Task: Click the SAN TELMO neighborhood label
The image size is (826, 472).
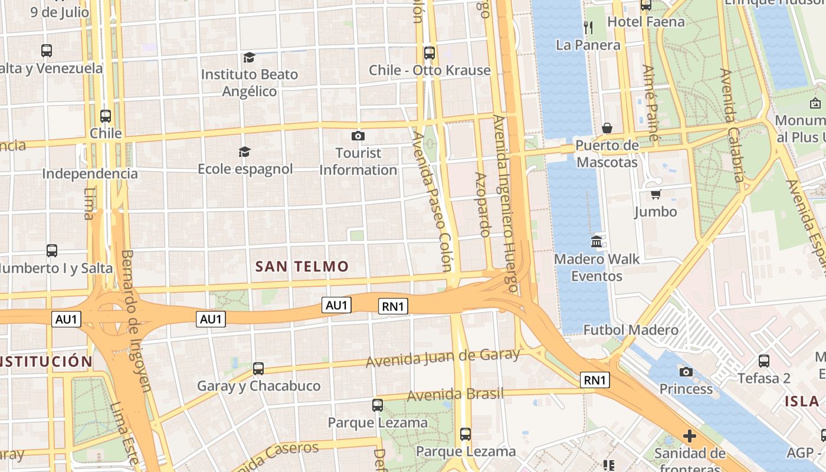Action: click(302, 267)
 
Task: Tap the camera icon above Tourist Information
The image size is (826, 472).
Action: click(358, 136)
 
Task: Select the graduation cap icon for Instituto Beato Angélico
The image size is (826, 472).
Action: click(249, 57)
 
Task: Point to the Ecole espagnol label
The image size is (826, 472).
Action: click(245, 169)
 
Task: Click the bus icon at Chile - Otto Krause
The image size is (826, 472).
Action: click(430, 53)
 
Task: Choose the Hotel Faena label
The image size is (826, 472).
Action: click(646, 22)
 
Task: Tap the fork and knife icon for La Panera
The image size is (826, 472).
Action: click(588, 27)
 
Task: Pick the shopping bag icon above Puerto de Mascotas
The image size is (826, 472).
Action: click(607, 128)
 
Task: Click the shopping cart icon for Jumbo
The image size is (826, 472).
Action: click(655, 194)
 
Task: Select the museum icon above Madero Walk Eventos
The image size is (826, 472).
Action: click(596, 242)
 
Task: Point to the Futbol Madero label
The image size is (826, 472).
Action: click(631, 330)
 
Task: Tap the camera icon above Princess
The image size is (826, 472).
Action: click(686, 372)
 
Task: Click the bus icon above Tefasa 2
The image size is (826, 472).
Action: click(764, 360)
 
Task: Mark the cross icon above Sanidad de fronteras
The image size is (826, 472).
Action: click(689, 437)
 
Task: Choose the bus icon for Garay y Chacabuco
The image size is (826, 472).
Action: click(258, 369)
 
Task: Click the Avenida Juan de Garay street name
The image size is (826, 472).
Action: click(443, 358)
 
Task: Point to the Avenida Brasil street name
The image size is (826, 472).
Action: click(455, 394)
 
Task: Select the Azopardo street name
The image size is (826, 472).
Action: click(482, 204)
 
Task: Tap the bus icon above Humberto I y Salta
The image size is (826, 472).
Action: click(52, 251)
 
